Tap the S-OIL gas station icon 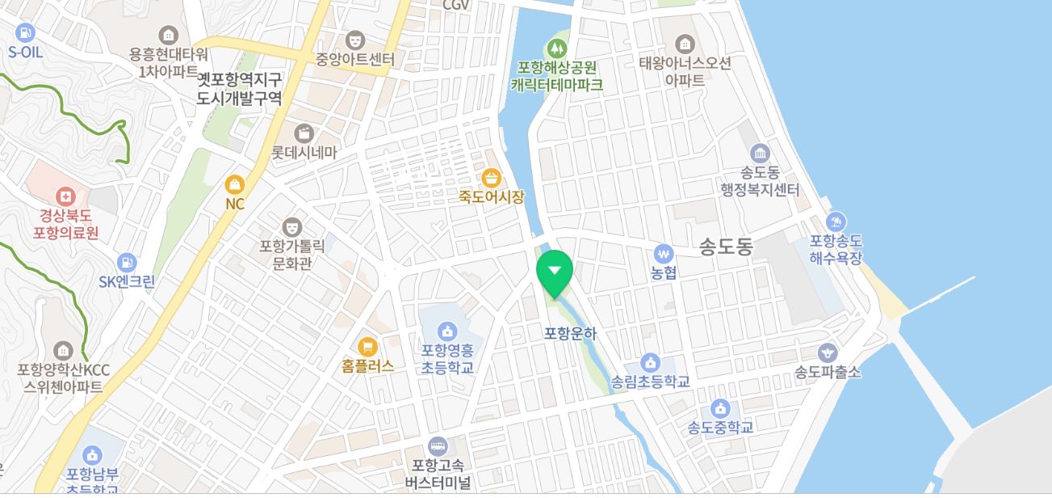tap(25, 33)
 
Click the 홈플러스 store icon tap(367, 348)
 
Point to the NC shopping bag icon tap(234, 184)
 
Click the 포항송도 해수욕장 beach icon tap(836, 222)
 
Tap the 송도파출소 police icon tap(828, 352)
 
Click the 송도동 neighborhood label tap(725, 247)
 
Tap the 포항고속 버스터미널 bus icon tap(438, 445)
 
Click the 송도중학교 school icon tap(720, 408)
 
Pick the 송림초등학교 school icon tap(650, 362)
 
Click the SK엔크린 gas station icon tap(126, 263)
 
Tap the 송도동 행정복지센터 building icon tap(759, 153)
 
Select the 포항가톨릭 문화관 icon tap(291, 226)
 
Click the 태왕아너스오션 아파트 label tap(685, 71)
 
